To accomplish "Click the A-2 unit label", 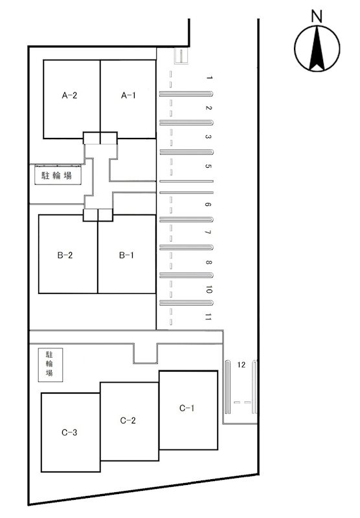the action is pos(69,95).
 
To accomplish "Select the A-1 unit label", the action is pos(128,95).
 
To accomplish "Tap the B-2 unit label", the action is pos(65,255).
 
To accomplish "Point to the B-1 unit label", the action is pos(126,255).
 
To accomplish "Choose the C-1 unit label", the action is pos(186,408).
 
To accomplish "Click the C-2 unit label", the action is pos(128,420).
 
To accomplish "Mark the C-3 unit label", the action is pos(69,432).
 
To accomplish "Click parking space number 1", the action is pos(209,78).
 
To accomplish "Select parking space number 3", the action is pos(208,137).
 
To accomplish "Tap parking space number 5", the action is pos(208,166).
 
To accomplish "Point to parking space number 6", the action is pos(208,205).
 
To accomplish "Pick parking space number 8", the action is pos(208,262).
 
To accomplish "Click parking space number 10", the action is pos(208,289).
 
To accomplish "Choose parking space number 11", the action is pos(208,317).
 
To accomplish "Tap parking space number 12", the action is pos(241,365).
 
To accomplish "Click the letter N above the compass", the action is pos(317,17).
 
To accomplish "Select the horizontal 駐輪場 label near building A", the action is pos(56,175).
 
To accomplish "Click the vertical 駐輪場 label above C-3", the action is pos(49,364).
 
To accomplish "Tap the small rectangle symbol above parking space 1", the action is pos(181,56).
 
